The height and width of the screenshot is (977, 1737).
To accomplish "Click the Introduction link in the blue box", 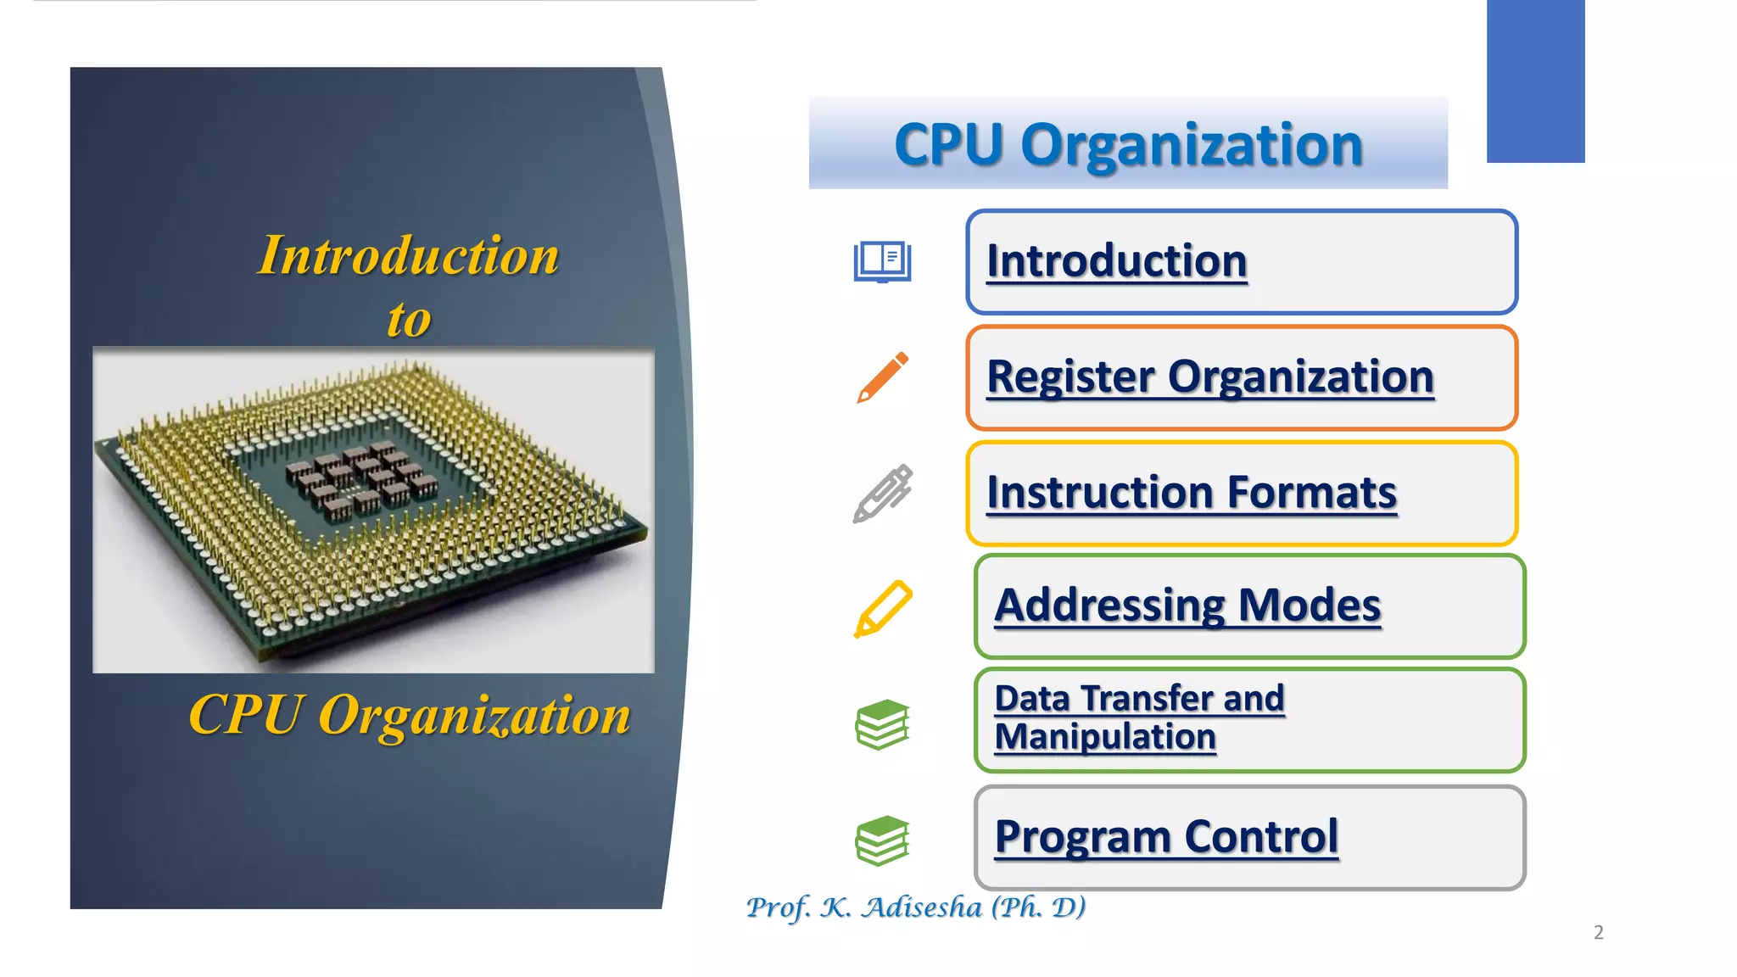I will [1116, 260].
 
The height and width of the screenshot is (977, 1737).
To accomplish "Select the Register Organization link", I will [1209, 377].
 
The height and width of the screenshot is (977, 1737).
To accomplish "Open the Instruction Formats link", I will [1191, 493].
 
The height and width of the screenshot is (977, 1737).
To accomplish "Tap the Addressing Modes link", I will [1187, 606].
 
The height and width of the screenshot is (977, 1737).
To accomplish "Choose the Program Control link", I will [1166, 837].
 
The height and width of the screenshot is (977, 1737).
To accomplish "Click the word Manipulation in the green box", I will [1105, 737].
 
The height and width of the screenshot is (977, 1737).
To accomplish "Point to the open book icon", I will [882, 261].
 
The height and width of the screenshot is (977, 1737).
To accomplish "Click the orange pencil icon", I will [882, 377].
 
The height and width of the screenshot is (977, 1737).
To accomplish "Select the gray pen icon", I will [882, 493].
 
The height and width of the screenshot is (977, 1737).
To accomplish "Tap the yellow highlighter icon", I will [882, 608].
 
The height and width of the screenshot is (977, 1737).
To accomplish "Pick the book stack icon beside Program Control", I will [882, 840].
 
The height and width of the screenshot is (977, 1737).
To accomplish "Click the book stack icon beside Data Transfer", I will [882, 724].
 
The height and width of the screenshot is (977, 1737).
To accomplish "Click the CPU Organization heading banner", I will [1128, 143].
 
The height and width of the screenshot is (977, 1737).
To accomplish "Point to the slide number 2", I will [1599, 932].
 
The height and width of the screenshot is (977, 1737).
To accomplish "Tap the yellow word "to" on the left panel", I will [409, 320].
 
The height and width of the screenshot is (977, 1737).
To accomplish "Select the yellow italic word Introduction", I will [409, 255].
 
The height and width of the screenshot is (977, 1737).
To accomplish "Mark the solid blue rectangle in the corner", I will [1535, 81].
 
